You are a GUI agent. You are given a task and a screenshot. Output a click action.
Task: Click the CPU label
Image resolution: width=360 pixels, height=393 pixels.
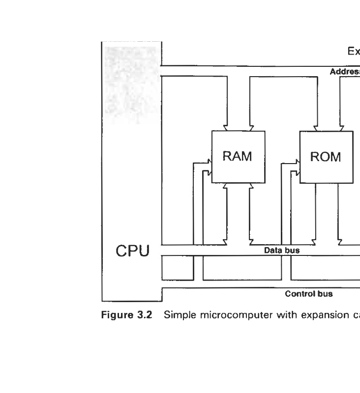132,251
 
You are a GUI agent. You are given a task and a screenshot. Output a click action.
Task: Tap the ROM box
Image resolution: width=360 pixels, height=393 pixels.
326,157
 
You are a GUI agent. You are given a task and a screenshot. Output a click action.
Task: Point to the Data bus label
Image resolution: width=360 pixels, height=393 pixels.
282,250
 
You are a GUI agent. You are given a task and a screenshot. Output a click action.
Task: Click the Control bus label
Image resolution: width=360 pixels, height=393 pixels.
309,294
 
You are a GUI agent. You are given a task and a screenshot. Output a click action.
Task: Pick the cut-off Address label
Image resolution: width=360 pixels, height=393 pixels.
345,72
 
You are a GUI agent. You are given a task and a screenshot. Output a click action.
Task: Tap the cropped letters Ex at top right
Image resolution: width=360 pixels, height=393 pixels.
354,51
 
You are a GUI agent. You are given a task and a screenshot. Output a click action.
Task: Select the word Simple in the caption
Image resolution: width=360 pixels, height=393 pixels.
179,315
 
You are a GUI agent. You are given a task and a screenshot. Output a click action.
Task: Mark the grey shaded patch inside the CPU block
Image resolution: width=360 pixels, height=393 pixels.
130,84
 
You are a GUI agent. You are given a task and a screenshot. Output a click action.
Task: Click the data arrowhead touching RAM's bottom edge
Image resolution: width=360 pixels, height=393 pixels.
227,186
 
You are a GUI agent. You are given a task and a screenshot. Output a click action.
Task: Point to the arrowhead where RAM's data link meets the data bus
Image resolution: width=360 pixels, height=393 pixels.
227,241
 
